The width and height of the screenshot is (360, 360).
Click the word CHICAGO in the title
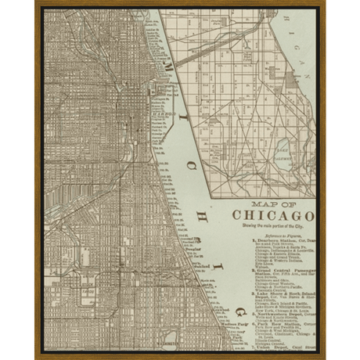pos(273,216)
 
